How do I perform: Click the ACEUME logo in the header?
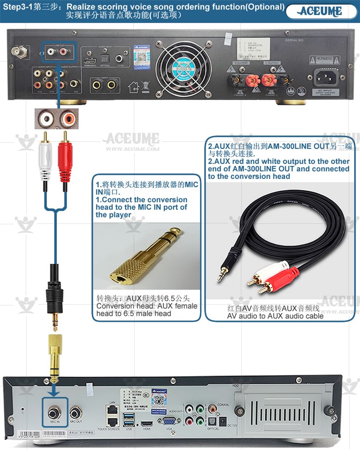(320, 11)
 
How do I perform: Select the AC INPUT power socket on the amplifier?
(326, 78)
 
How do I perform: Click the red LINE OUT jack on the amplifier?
(64, 52)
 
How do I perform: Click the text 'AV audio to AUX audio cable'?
(275, 316)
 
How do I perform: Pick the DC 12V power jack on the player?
(223, 421)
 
